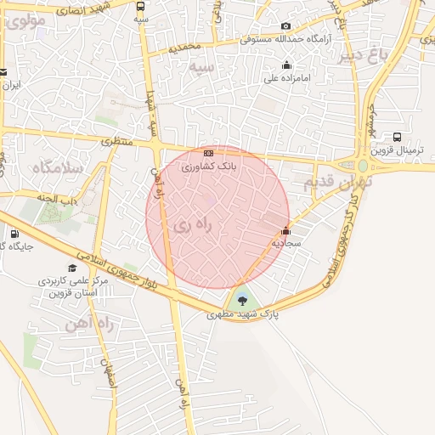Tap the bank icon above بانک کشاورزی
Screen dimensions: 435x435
pyautogui.click(x=209, y=152)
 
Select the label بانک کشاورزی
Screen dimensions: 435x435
pyautogui.click(x=210, y=167)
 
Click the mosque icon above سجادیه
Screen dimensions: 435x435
pyautogui.click(x=285, y=229)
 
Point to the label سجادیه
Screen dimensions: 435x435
pyautogui.click(x=286, y=243)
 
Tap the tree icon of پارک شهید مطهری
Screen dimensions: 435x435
pyautogui.click(x=243, y=298)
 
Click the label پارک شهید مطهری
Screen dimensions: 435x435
pyautogui.click(x=243, y=314)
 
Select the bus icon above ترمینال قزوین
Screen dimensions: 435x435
pyautogui.click(x=398, y=137)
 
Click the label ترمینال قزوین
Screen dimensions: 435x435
pyautogui.click(x=398, y=151)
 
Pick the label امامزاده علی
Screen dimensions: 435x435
pyautogui.click(x=286, y=79)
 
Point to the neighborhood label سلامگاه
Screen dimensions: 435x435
pyautogui.click(x=58, y=167)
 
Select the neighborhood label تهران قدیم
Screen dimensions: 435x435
pyautogui.click(x=332, y=183)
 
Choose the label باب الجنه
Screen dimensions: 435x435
pyautogui.click(x=58, y=197)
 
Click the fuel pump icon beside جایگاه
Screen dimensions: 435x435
pyautogui.click(x=14, y=234)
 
